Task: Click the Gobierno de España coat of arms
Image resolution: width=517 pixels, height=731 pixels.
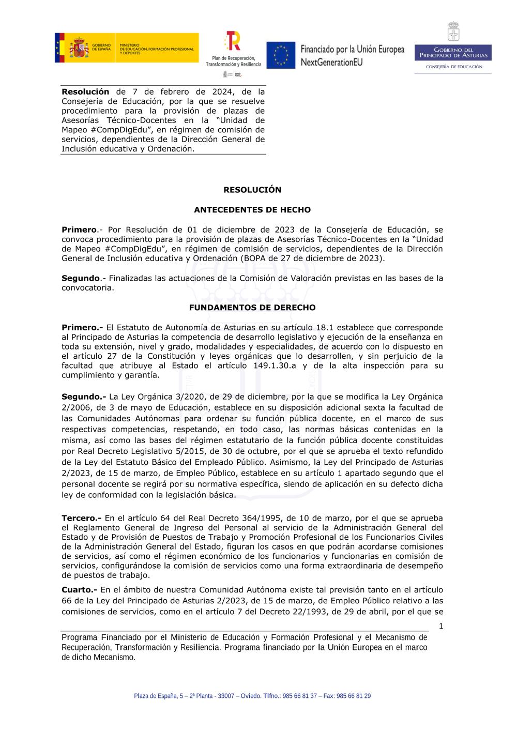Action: [x=79, y=48]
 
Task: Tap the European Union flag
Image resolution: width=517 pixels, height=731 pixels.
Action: [x=281, y=55]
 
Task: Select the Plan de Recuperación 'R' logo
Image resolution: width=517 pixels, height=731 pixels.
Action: [x=233, y=41]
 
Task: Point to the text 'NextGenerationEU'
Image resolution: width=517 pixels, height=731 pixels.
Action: [x=331, y=63]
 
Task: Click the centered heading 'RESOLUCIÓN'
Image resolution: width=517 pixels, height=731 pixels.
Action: [x=252, y=190]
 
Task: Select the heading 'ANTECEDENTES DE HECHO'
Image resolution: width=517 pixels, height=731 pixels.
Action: [x=252, y=210]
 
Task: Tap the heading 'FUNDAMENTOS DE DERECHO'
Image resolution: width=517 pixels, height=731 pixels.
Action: [x=252, y=308]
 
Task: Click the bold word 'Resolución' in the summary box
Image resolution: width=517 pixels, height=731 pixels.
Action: [x=85, y=92]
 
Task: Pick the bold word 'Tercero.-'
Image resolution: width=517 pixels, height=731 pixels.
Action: [x=81, y=518]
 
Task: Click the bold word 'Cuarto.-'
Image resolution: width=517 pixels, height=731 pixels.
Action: [x=79, y=590]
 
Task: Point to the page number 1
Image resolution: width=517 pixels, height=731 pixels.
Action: [x=441, y=626]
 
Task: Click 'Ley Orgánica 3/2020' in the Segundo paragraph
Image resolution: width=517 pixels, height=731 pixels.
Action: [x=157, y=397]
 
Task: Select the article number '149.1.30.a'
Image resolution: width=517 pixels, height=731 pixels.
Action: [x=275, y=365]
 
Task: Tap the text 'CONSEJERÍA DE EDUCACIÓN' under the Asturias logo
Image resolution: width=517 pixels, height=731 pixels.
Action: [x=454, y=67]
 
